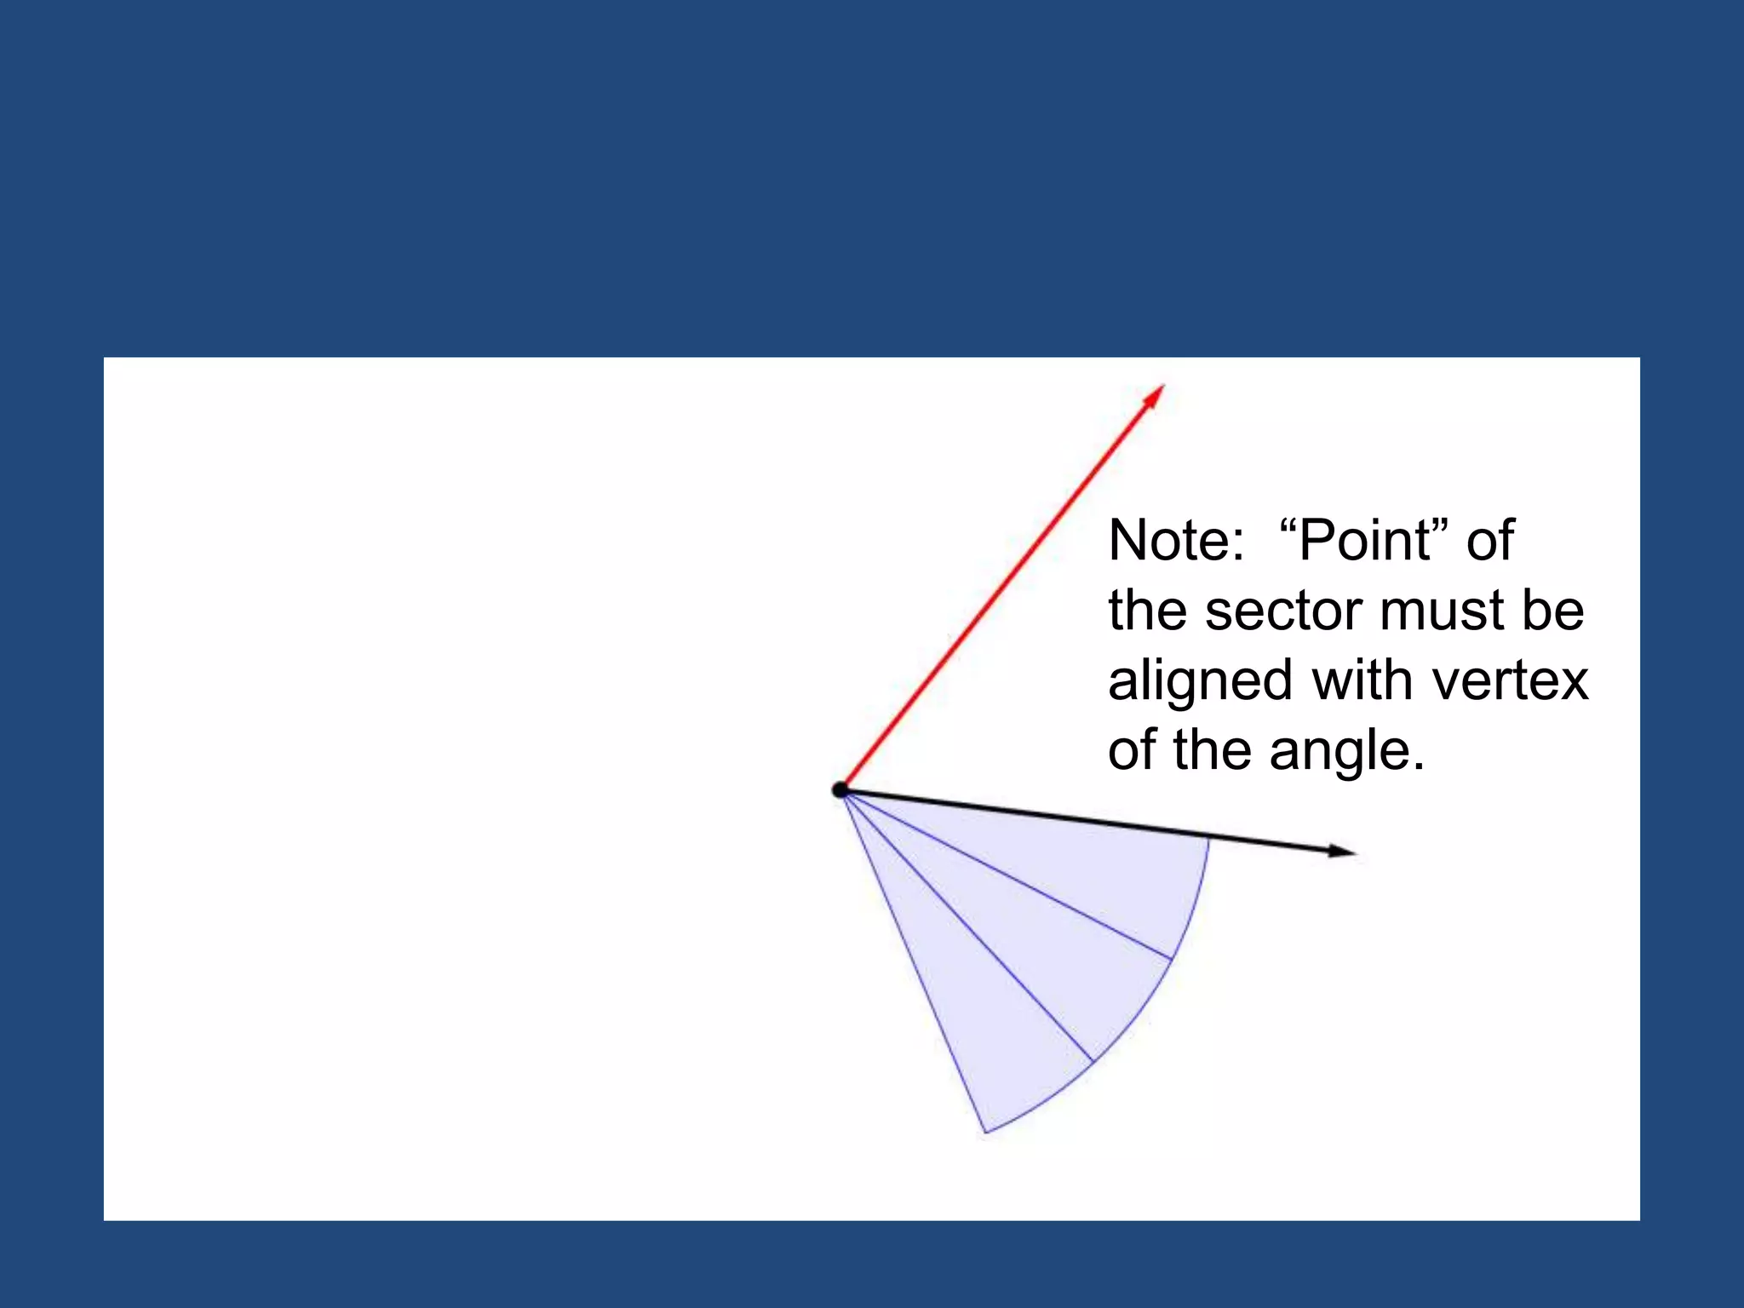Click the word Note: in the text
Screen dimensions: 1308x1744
pos(1176,541)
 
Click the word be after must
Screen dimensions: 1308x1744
pos(1553,611)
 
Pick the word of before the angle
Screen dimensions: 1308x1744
pos(1133,751)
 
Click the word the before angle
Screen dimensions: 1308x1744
pos(1213,751)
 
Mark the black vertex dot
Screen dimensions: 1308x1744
pos(840,790)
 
